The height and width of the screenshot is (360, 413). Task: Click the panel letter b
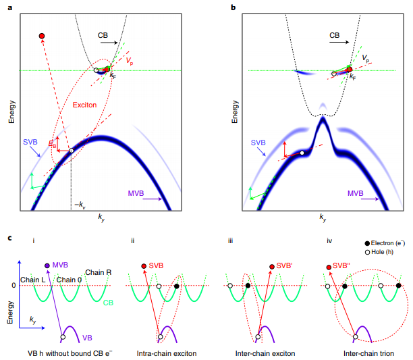click(x=233, y=7)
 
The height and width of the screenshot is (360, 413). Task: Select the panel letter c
click(x=9, y=237)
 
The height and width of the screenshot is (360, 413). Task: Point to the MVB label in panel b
click(x=356, y=193)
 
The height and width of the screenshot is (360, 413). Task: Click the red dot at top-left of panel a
click(x=42, y=35)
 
